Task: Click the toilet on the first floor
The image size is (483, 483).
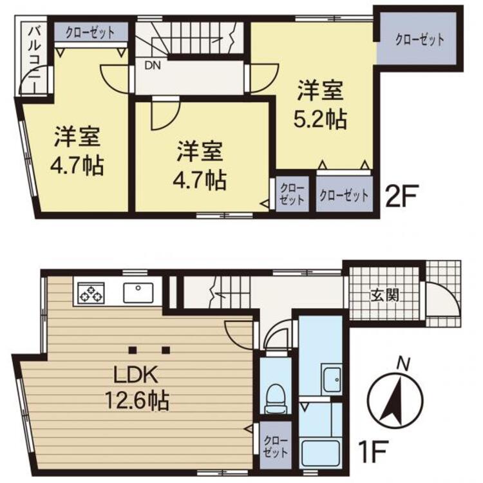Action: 276,399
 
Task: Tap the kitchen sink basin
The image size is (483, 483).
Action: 138,292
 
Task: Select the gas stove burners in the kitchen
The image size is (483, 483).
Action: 91,292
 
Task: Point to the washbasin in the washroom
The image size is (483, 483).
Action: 332,379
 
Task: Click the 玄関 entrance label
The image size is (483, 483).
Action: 384,295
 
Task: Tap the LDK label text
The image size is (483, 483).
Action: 136,375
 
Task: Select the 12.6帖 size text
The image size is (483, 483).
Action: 137,399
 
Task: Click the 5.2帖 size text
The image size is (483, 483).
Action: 320,118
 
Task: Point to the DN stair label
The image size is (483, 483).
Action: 153,65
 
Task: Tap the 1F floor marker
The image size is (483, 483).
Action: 372,451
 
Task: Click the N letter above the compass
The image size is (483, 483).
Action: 403,364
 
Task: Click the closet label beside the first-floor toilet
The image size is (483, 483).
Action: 276,446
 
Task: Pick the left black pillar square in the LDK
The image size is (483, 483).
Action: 133,350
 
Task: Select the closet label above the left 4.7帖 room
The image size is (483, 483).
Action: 90,33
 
